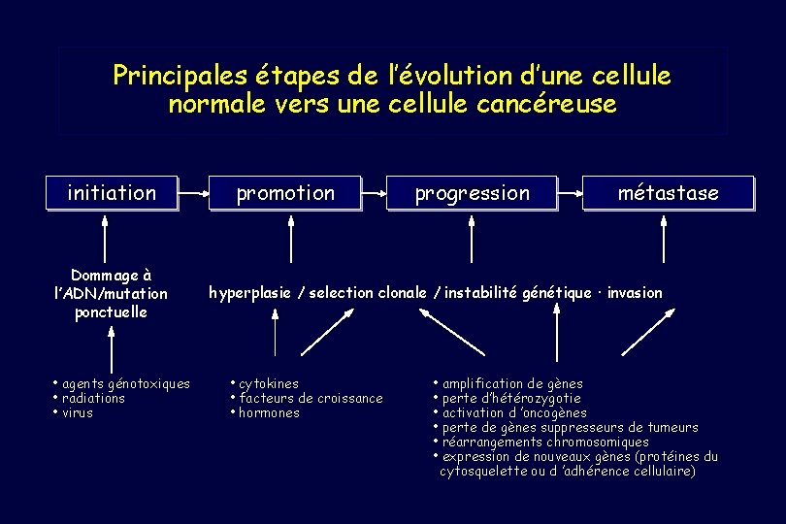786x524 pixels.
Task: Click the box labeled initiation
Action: point(112,193)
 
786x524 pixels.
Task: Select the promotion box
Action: point(285,193)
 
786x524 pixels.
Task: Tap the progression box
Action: point(472,193)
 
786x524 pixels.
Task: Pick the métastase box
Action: point(668,193)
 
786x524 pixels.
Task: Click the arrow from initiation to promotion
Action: point(194,193)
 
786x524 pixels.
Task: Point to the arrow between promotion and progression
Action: point(374,193)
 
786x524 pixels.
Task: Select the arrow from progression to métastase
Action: point(570,193)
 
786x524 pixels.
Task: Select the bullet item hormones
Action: point(269,412)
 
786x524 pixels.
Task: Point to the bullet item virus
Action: point(77,412)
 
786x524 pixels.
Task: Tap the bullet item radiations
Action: point(93,398)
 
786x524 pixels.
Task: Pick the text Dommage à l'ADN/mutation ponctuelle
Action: point(112,293)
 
